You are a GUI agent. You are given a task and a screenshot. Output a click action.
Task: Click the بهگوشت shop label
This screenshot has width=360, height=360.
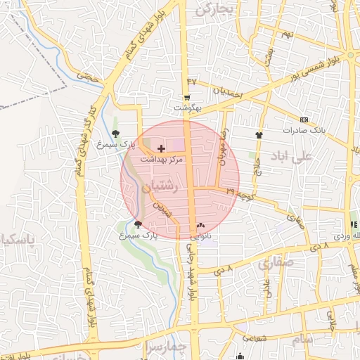tap(188, 108)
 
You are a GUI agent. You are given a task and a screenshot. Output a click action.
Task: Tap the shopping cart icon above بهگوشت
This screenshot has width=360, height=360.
tap(187, 98)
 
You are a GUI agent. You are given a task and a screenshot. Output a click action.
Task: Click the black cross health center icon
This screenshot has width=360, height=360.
tap(162, 148)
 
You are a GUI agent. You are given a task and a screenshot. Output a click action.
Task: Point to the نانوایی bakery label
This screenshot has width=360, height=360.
tap(201, 236)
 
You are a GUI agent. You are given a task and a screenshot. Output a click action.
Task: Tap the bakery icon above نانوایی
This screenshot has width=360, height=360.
tap(202, 226)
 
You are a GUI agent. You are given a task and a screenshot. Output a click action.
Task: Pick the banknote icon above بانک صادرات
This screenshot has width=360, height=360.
tap(303, 120)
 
